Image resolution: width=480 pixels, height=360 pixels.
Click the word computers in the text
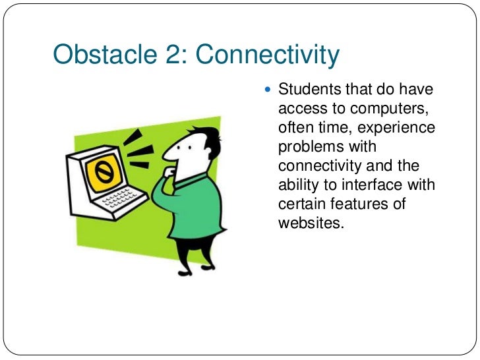coord(391,108)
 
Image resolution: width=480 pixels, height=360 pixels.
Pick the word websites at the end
coord(311,223)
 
